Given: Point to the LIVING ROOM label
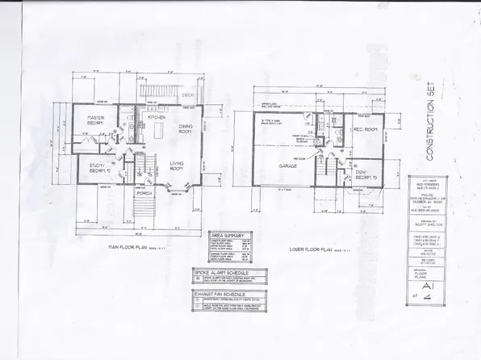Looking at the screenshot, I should pos(178,167).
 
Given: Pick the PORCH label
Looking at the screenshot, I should pos(144,194).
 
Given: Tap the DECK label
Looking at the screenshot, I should pos(187,94).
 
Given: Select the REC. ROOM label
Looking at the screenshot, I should pos(366,129).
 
